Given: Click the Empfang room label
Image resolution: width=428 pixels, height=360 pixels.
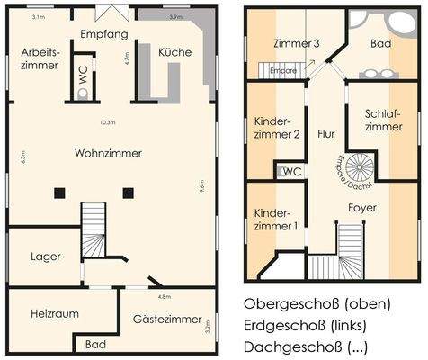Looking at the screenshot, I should (x=105, y=33).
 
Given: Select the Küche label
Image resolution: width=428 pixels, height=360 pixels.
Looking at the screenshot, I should (x=174, y=53).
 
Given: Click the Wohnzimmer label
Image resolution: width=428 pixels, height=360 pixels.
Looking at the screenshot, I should (x=111, y=153).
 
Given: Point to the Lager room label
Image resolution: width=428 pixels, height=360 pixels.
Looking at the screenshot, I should (x=45, y=256).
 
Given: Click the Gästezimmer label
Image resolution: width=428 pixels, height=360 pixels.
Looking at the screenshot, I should (x=168, y=319).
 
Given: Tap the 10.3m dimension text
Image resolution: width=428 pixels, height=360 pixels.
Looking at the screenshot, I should (x=108, y=122).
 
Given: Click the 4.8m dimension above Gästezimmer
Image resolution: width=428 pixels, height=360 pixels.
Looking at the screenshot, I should (x=165, y=296).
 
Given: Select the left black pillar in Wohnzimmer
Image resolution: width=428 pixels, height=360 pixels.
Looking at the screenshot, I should (x=59, y=191).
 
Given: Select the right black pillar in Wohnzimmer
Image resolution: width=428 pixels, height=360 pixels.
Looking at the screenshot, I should (x=129, y=191).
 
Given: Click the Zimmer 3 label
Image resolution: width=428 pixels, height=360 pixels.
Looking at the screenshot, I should (x=297, y=43).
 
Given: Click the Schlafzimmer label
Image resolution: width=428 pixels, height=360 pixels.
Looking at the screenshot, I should (x=383, y=120).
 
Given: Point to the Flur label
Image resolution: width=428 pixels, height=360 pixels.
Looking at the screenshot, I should (x=325, y=133).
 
